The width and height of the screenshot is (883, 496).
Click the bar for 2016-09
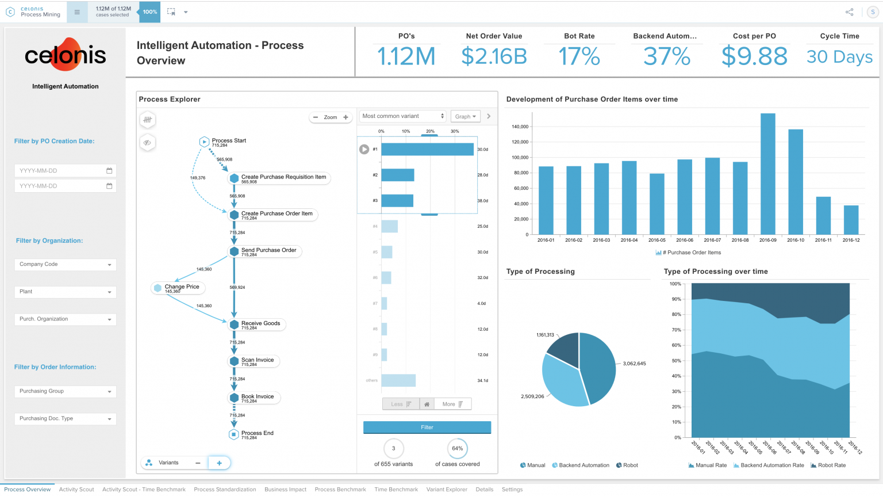click(x=767, y=174)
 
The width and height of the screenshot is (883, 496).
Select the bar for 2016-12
click(x=851, y=220)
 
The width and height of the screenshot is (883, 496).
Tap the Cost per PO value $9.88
click(x=754, y=56)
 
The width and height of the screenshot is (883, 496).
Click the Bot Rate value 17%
click(x=579, y=56)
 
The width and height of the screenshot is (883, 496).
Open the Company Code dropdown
click(x=65, y=265)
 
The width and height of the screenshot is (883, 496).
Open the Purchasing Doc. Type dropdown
click(x=65, y=419)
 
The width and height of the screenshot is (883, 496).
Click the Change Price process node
click(x=182, y=287)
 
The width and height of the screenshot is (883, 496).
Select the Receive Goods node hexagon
click(x=234, y=325)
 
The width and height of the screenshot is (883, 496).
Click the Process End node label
click(x=257, y=433)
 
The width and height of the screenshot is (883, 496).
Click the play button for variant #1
click(x=364, y=150)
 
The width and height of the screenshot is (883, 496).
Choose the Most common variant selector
click(x=402, y=116)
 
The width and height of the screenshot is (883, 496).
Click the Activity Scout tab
click(x=76, y=490)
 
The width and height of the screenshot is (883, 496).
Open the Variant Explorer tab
click(x=447, y=490)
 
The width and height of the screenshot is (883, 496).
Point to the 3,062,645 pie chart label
click(x=634, y=364)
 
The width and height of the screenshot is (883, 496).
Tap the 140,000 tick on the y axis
click(x=520, y=127)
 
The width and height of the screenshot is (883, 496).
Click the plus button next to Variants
click(x=219, y=463)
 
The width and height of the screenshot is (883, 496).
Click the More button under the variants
click(x=452, y=405)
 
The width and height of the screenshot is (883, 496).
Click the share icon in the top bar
click(x=849, y=12)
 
